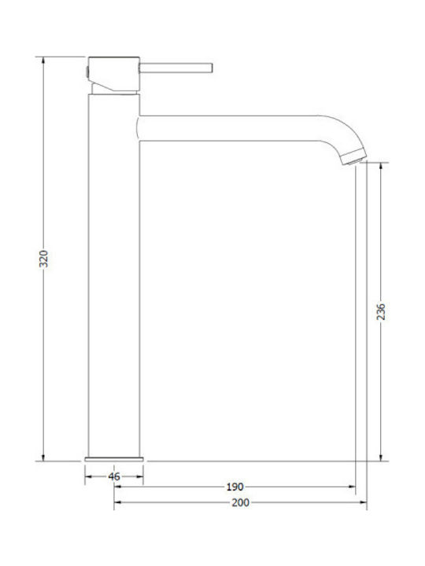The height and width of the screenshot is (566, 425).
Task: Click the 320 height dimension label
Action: click(44, 259)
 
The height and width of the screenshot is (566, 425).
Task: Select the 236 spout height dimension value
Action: click(381, 311)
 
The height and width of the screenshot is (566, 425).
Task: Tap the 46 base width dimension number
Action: click(114, 476)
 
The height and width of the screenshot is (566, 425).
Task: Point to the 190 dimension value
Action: click(235, 487)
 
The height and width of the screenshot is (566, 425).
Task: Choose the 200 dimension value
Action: click(240, 502)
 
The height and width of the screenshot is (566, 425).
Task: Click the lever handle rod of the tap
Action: click(176, 68)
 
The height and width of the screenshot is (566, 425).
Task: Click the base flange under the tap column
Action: click(114, 459)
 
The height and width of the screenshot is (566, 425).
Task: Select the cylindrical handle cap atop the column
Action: click(113, 73)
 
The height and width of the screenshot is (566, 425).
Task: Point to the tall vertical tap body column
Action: click(114, 275)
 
